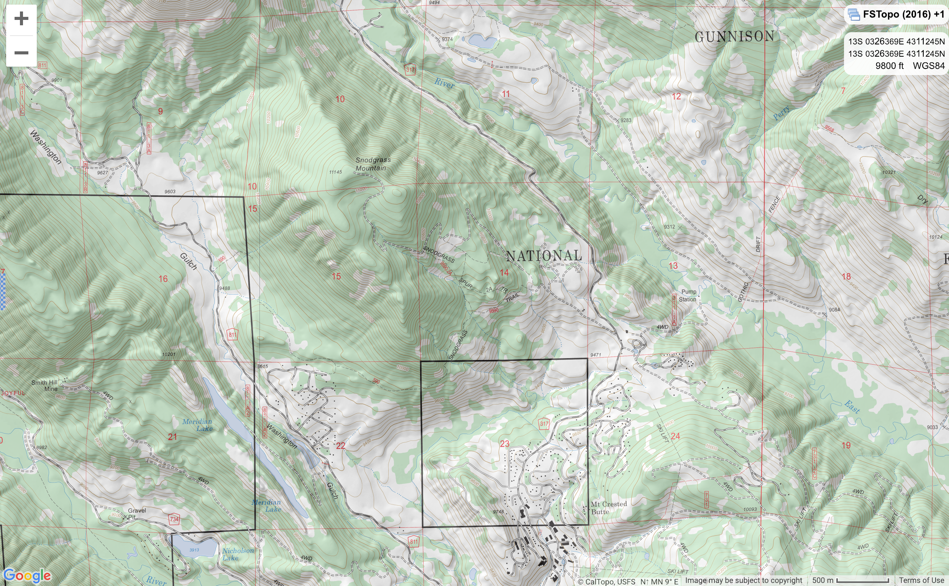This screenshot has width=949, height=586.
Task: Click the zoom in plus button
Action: [21, 19]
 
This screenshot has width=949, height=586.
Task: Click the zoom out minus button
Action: [21, 53]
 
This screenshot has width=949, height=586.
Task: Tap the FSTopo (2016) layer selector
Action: [896, 15]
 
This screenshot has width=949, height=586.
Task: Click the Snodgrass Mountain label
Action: [372, 164]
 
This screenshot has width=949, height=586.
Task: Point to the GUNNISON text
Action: [734, 37]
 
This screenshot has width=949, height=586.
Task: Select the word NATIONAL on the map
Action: [544, 256]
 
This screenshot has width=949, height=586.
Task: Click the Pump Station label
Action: [688, 295]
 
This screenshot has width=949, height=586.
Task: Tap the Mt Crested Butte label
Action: [609, 508]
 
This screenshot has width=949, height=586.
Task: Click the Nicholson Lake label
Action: [238, 554]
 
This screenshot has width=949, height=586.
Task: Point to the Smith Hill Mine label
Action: [44, 385]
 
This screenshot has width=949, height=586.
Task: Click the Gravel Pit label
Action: [136, 514]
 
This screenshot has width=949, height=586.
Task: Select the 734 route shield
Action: [174, 519]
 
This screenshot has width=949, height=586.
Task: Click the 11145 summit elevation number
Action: [335, 172]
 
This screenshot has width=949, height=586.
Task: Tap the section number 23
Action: [504, 444]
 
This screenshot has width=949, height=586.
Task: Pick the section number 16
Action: [163, 279]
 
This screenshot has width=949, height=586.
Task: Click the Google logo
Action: [27, 576]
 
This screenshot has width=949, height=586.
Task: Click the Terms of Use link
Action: [921, 580]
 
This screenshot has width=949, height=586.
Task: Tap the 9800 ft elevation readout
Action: [889, 66]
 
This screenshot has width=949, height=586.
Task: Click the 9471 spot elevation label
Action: [595, 355]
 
